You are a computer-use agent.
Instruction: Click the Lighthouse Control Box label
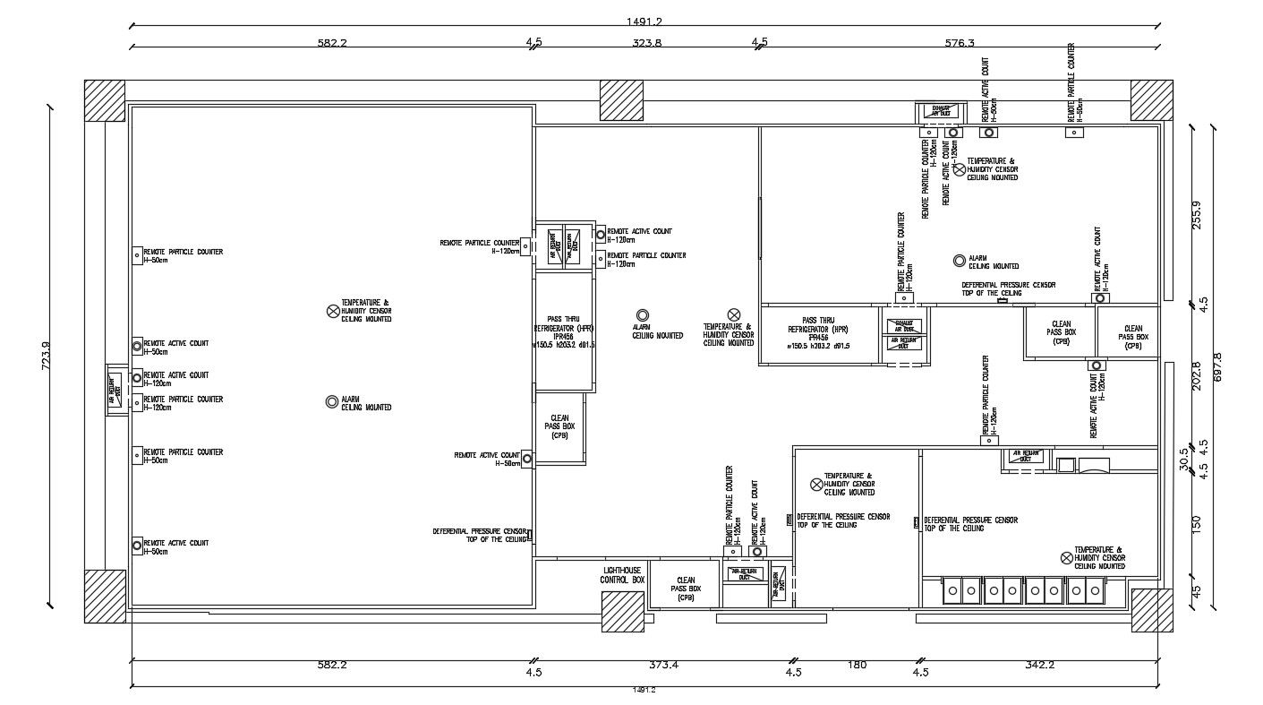623,575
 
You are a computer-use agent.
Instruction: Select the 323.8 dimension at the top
646,42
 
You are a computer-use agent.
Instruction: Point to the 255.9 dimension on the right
1198,213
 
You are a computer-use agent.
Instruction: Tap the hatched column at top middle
621,100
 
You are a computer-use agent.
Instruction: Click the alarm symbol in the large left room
332,402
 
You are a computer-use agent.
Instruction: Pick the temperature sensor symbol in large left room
333,311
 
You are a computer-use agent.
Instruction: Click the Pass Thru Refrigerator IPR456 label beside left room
564,332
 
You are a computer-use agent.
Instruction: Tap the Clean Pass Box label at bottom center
687,589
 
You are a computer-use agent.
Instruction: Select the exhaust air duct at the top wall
941,112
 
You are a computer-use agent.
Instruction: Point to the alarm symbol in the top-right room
960,261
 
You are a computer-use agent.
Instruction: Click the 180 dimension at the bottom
857,665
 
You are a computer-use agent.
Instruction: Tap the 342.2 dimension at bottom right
1039,665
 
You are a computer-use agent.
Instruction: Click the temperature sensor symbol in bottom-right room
1066,557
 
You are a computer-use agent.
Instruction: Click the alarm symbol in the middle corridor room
643,315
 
